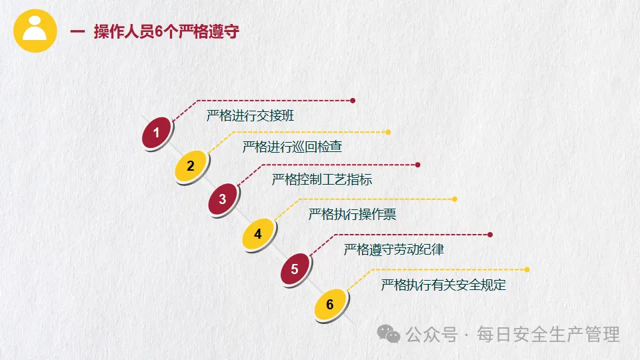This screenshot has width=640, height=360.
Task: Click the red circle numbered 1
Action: pyautogui.click(x=157, y=133)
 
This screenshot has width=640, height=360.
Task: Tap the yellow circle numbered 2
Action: pyautogui.click(x=191, y=166)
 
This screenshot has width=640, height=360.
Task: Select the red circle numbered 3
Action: pyautogui.click(x=223, y=199)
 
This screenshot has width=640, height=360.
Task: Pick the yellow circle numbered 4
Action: pyautogui.click(x=258, y=233)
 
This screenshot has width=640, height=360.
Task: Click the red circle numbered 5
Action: pyautogui.click(x=295, y=270)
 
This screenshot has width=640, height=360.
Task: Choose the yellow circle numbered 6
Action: pyautogui.click(x=330, y=305)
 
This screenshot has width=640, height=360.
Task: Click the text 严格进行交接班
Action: pyautogui.click(x=250, y=115)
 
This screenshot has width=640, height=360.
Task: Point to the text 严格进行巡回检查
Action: pyautogui.click(x=293, y=146)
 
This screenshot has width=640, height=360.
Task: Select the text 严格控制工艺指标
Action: pyautogui.click(x=322, y=179)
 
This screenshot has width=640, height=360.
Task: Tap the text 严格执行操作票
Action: pyautogui.click(x=352, y=215)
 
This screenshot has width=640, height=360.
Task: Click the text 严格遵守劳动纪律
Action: pyautogui.click(x=394, y=250)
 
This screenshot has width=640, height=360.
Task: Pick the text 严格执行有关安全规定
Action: pyautogui.click(x=443, y=285)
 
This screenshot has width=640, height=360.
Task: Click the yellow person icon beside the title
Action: pyautogui.click(x=34, y=30)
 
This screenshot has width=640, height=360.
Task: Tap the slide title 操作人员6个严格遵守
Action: pyautogui.click(x=166, y=32)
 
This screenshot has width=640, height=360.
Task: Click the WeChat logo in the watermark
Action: pyautogui.click(x=389, y=333)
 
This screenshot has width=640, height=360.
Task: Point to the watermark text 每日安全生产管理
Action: pyautogui.click(x=548, y=334)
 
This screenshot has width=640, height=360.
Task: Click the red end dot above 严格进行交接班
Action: pyautogui.click(x=353, y=101)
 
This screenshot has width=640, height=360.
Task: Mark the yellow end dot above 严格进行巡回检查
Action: pyautogui.click(x=389, y=132)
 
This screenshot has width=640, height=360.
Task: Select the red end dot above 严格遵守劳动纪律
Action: pyautogui.click(x=490, y=235)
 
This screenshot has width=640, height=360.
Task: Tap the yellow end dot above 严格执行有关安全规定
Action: pyautogui.click(x=527, y=269)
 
